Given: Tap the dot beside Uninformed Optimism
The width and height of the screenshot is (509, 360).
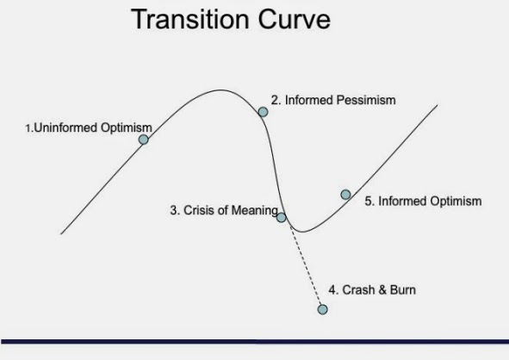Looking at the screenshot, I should click(144, 139).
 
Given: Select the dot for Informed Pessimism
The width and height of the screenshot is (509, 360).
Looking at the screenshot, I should click(263, 111).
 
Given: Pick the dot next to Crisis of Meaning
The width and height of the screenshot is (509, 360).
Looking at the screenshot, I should click(281, 217).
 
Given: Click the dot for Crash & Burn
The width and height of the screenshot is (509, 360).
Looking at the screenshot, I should click(323, 309).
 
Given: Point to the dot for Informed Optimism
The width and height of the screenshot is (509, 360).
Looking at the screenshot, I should click(345, 195).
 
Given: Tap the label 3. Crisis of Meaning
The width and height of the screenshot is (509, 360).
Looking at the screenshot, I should click(223, 210).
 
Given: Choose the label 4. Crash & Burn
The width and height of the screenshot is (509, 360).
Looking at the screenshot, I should click(372, 290).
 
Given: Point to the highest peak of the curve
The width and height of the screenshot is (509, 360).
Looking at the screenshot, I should click(220, 90).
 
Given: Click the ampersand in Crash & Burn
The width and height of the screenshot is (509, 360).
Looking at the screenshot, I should click(382, 290).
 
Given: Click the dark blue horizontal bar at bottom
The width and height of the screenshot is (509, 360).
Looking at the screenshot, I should click(254, 342).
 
